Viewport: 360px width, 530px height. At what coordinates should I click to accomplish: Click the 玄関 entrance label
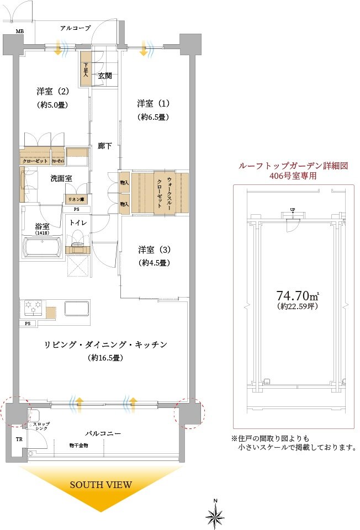[105, 76]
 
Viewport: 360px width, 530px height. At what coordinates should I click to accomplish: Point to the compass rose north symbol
[215, 515]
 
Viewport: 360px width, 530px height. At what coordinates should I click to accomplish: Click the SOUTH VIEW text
[101, 485]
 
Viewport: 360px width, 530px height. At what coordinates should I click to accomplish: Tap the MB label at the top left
[20, 31]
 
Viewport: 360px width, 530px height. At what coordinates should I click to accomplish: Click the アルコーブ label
[75, 28]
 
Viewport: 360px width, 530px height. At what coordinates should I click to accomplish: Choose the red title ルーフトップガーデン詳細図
[292, 166]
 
